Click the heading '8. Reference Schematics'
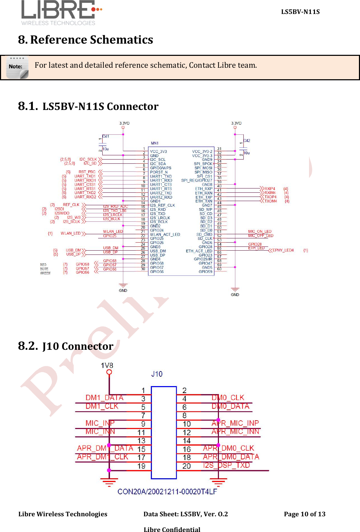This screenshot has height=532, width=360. [86, 40]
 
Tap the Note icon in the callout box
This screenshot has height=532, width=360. [17, 67]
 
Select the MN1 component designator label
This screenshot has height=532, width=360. [154, 143]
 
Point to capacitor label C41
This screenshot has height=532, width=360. [106, 136]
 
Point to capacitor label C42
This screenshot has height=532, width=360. [247, 141]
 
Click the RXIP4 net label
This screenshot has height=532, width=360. [270, 189]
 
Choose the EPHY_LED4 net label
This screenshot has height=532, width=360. [283, 250]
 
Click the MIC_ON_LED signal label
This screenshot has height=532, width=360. [259, 231]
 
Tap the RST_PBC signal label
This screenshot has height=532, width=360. [87, 172]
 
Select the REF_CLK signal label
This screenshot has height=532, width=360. [71, 205]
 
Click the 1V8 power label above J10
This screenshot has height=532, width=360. [107, 365]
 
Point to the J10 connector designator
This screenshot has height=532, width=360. [157, 374]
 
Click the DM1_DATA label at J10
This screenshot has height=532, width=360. [104, 398]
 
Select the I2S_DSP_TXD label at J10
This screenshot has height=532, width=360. [226, 465]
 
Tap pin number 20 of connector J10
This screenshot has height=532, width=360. [186, 466]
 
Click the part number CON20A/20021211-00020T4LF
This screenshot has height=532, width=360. [167, 492]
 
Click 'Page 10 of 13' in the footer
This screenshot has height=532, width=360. [304, 514]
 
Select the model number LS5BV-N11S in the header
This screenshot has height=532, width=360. [300, 12]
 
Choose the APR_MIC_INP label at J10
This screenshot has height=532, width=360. [235, 423]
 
